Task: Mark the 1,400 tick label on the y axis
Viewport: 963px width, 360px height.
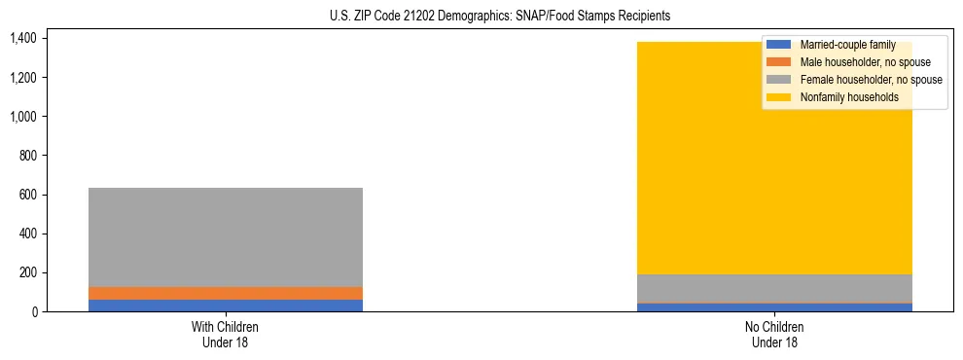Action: [x=22, y=39]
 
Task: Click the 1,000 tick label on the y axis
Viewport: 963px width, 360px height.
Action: [x=22, y=117]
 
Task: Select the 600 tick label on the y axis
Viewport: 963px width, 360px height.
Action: [x=27, y=195]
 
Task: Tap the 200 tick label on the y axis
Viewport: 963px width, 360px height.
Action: [x=27, y=273]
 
